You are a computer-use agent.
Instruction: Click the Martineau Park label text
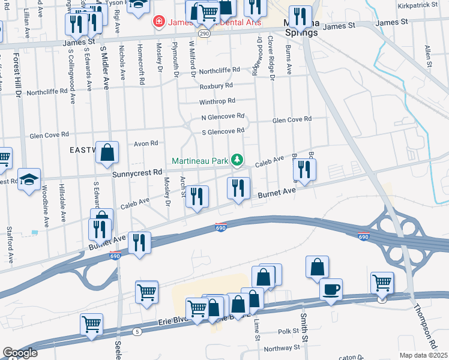tap(200, 161)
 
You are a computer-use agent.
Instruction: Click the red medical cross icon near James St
tap(158, 22)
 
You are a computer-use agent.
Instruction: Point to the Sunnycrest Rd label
tap(137, 172)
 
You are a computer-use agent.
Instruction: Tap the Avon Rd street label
tap(145, 143)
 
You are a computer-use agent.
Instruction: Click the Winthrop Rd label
tap(217, 101)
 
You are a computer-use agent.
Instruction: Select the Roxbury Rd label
tap(215, 86)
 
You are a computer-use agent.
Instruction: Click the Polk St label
tap(288, 331)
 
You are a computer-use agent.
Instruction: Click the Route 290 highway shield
tap(205, 34)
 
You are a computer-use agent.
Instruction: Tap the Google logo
tap(20, 353)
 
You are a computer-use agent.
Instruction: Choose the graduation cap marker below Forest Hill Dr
tap(29, 179)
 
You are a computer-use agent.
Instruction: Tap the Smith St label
tap(305, 327)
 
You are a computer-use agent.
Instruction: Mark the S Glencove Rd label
tap(223, 131)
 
